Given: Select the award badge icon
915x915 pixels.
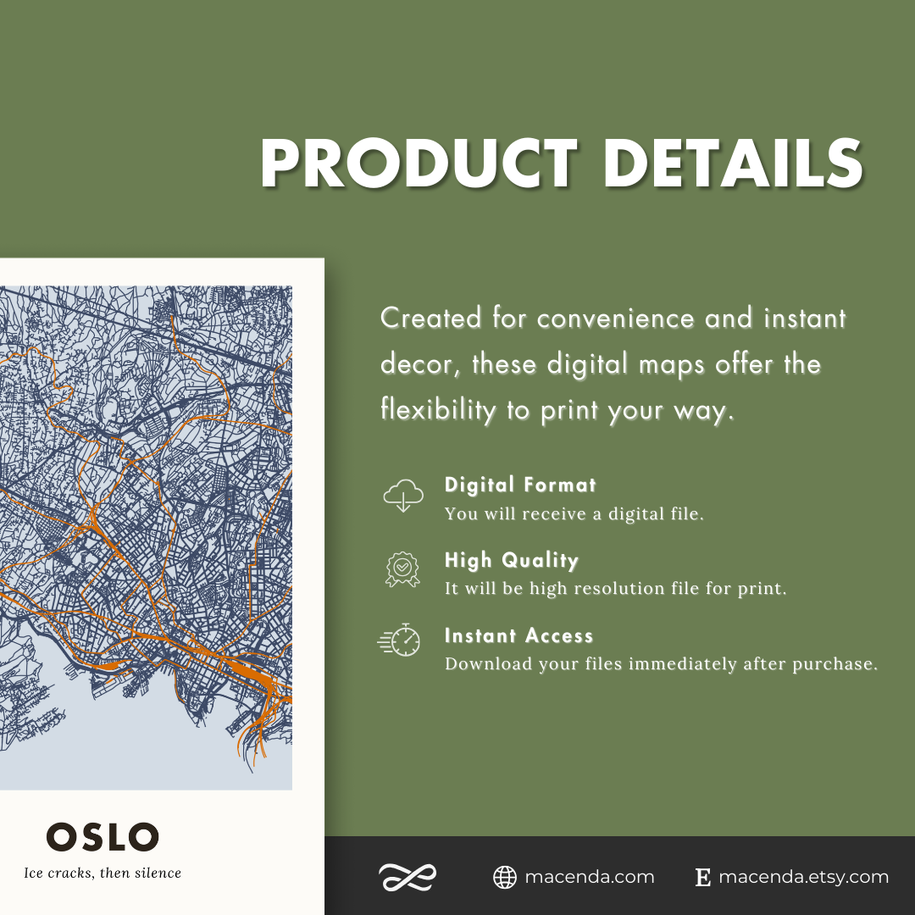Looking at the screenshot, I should pos(402,569).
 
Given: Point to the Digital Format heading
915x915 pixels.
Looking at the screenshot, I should pos(520,485).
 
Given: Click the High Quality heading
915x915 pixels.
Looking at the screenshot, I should pos(512,561).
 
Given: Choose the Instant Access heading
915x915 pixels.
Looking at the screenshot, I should pos(518,636).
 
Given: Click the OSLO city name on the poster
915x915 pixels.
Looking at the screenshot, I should pos(103,837).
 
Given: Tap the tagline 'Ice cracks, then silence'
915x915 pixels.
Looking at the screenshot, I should pos(103,873).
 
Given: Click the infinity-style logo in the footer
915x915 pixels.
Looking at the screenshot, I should pos(407,878).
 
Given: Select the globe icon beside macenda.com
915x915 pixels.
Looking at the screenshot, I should pos(505,878).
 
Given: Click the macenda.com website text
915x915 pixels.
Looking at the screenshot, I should pos(590,878).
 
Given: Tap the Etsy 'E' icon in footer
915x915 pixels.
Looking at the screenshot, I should pos(702,878).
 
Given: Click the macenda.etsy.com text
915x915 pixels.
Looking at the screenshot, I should pos(803,878).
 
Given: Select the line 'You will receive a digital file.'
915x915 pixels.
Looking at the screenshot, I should pos(574,514).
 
